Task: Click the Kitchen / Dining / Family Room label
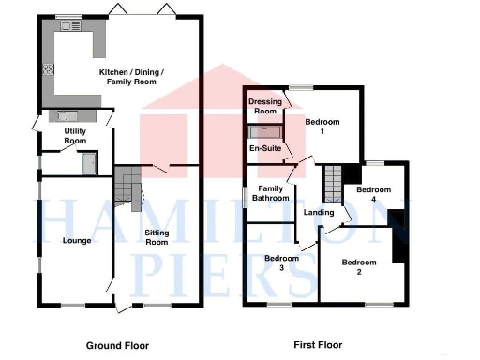pos(131,77)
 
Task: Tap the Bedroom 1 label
pos(322,127)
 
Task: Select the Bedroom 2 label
pos(357,267)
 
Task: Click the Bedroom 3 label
pos(280,263)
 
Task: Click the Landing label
pos(319,213)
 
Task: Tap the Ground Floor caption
pos(117,345)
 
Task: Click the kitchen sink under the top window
pos(71,26)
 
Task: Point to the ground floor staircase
pos(127,187)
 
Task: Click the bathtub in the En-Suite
pos(266,132)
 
